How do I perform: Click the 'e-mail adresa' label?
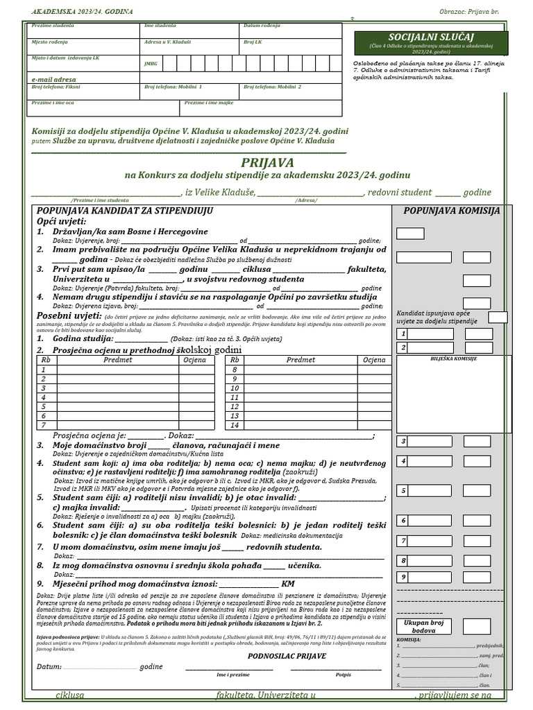pyautogui.click(x=53, y=80)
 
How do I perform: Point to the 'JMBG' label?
pyautogui.click(x=150, y=63)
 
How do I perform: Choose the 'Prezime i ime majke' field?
pyautogui.click(x=262, y=107)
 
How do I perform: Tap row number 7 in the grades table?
pyautogui.click(x=44, y=425)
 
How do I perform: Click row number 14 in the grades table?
pyautogui.click(x=234, y=425)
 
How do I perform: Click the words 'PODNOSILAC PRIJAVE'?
pyautogui.click(x=287, y=656)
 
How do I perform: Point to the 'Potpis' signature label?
pyautogui.click(x=343, y=674)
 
